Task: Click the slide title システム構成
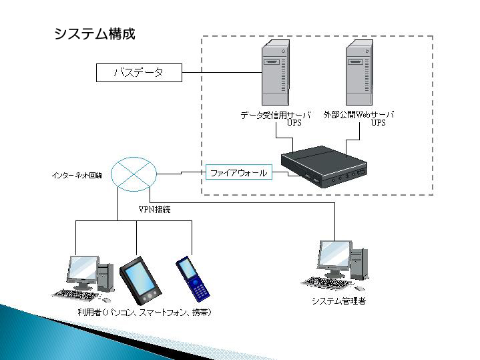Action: pyautogui.click(x=94, y=33)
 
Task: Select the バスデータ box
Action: pyautogui.click(x=139, y=73)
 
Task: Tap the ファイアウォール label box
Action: pyautogui.click(x=238, y=173)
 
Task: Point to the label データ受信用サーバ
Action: pyautogui.click(x=276, y=115)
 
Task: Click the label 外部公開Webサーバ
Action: pyautogui.click(x=358, y=115)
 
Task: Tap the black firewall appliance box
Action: pyautogui.click(x=324, y=168)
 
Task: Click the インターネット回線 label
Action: pyautogui.click(x=77, y=176)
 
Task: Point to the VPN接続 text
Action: pyautogui.click(x=155, y=210)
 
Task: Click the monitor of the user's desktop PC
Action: pyautogui.click(x=82, y=271)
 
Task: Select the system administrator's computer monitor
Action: pyautogui.click(x=335, y=256)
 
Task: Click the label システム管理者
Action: pyautogui.click(x=338, y=301)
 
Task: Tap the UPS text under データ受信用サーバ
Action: pyautogui.click(x=294, y=123)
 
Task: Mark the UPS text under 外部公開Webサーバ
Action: pyautogui.click(x=378, y=123)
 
